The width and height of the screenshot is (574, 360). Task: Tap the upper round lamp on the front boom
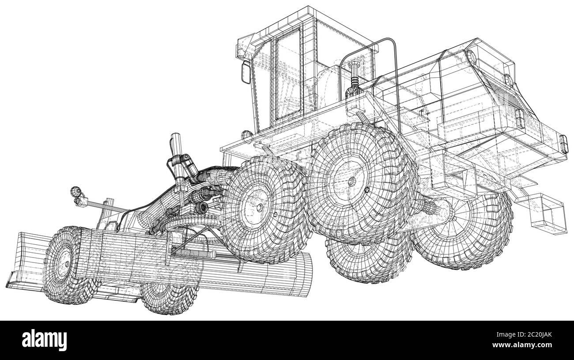(x=75, y=191)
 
